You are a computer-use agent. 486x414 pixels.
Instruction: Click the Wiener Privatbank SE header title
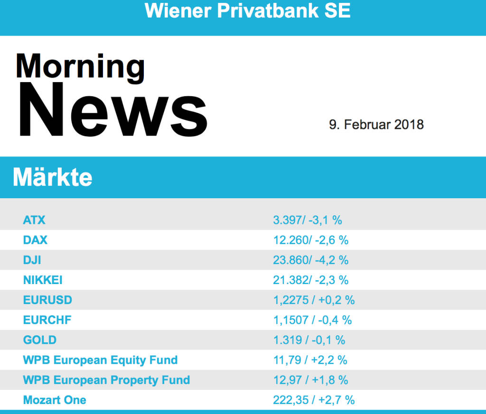[247, 10]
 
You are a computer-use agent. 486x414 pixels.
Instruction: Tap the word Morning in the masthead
[80, 66]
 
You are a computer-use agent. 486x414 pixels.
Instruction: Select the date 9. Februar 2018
[376, 125]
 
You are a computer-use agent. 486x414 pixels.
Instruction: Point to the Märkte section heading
[53, 177]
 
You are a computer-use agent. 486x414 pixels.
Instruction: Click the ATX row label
[34, 220]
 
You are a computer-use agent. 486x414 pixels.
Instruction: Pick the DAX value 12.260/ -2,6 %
[310, 240]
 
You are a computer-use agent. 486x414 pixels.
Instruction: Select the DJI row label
[32, 260]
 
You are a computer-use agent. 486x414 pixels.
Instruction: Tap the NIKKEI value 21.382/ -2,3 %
[310, 280]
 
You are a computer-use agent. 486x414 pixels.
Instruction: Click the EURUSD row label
[47, 300]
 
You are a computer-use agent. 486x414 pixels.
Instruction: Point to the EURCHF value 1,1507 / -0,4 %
[312, 320]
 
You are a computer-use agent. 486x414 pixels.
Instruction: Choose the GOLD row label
[40, 340]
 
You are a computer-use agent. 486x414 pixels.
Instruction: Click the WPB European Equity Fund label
[100, 360]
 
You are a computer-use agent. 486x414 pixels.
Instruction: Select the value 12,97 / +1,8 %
[310, 380]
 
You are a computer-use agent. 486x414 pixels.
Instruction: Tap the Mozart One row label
[55, 400]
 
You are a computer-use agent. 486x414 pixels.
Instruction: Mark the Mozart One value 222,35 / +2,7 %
[314, 400]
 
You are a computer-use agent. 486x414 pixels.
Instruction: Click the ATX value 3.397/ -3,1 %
[307, 220]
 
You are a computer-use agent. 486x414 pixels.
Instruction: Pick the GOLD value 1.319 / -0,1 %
[309, 340]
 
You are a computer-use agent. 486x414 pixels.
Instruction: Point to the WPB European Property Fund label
[106, 380]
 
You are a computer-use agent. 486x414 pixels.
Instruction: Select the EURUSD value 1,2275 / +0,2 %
[314, 300]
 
